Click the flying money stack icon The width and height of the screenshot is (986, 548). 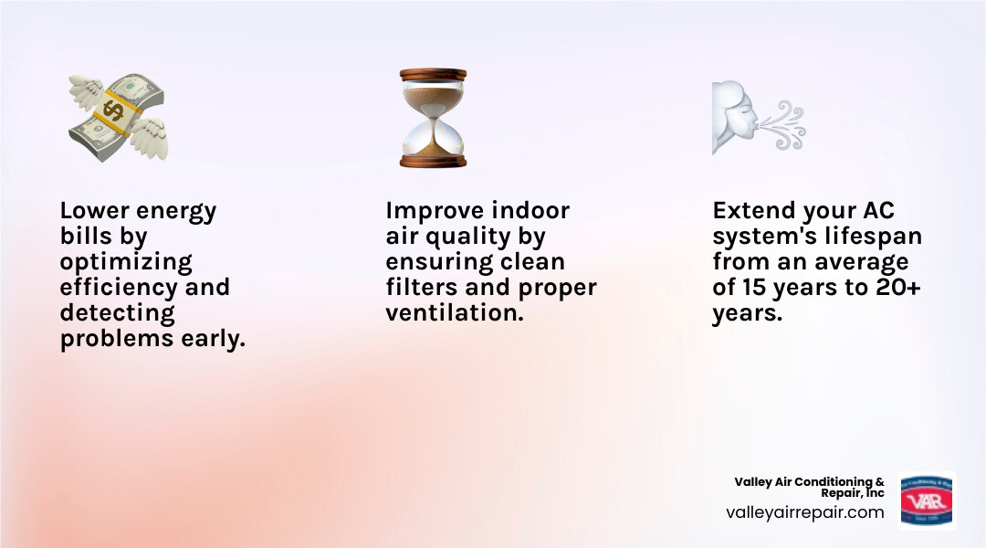pyautogui.click(x=116, y=117)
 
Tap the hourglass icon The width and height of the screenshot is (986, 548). pyautogui.click(x=433, y=117)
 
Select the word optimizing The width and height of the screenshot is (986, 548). pyautogui.click(x=126, y=262)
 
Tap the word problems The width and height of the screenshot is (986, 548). pyautogui.click(x=115, y=340)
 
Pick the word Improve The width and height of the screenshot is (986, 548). pyautogui.click(x=434, y=211)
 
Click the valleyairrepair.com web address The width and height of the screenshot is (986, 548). pyautogui.click(x=804, y=512)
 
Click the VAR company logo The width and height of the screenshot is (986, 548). pyautogui.click(x=926, y=501)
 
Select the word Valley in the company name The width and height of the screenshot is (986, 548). pyautogui.click(x=755, y=481)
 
